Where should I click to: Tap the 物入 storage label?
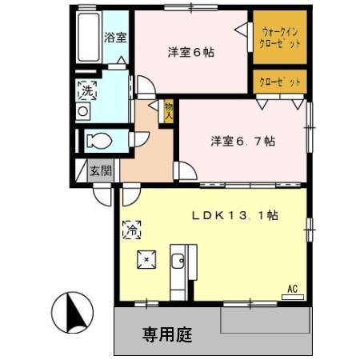coord(169,109)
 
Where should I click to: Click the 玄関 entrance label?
coord(100,170)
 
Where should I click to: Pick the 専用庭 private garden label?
coord(168,331)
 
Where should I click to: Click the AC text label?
coord(292,289)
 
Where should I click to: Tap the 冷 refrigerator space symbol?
coord(131,230)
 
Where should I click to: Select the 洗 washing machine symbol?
coord(86,90)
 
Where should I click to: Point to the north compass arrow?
coord(70,311)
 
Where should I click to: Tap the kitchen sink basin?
coord(178,261)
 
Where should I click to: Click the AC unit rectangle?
coord(292,297)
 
